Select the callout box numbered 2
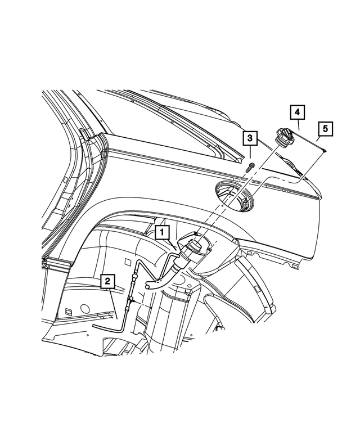pyautogui.click(x=107, y=280)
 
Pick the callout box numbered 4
pyautogui.click(x=297, y=112)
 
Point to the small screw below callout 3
pyautogui.click(x=250, y=166)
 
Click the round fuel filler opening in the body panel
pyautogui.click(x=235, y=198)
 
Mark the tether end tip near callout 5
pyautogui.click(x=327, y=150)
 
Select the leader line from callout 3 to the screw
pyautogui.click(x=250, y=154)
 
